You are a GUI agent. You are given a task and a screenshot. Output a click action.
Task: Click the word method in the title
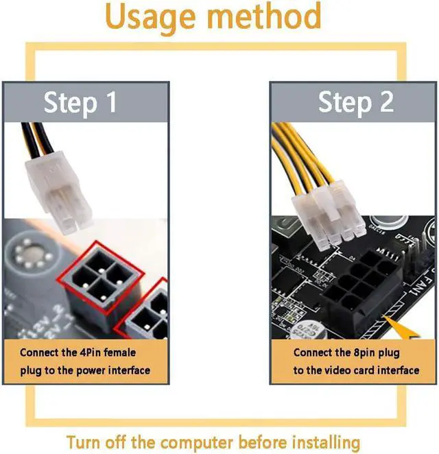(265, 15)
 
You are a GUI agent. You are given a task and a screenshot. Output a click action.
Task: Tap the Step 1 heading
(80, 103)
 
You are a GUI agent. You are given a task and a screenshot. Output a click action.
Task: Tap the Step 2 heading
(356, 102)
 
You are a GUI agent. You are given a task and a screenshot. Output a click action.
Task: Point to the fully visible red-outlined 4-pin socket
(100, 278)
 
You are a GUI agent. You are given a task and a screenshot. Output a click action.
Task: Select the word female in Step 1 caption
(119, 353)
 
